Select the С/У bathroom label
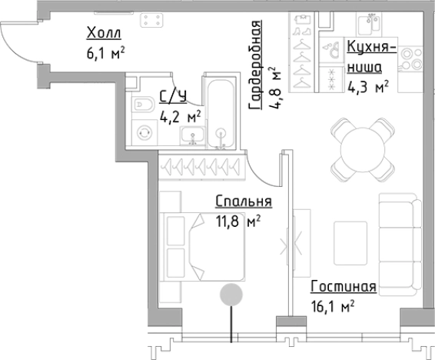coord(172,96)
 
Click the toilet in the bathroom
coord(142,105)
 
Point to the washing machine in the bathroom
coord(144,132)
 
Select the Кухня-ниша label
coord(371,58)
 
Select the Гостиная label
coord(344,287)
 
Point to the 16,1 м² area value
coord(331,306)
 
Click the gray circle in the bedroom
coord(231,295)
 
